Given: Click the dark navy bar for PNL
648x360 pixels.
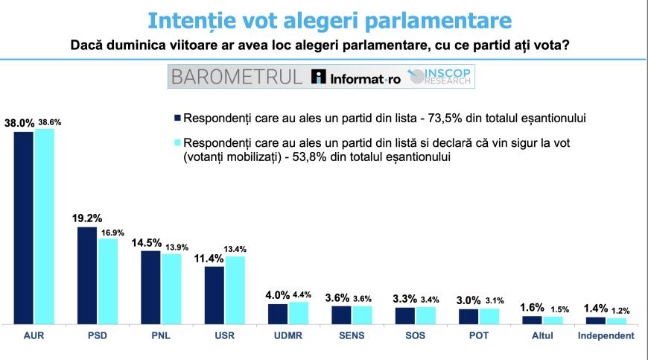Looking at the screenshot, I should click(x=151, y=287).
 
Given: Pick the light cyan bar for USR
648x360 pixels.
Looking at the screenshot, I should click(x=235, y=290).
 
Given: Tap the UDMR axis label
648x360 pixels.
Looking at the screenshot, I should click(x=288, y=335).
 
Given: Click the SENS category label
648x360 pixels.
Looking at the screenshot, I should click(x=352, y=335).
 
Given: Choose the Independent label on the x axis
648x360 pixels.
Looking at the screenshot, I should click(x=606, y=335).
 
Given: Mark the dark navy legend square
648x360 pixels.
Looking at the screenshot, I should click(x=177, y=118).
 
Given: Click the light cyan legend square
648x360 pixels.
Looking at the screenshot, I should click(x=177, y=142).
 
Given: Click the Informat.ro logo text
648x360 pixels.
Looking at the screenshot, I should click(x=356, y=78).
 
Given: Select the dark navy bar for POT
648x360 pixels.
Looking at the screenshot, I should click(x=468, y=316).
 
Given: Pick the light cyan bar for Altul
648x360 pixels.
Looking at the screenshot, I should click(x=553, y=320).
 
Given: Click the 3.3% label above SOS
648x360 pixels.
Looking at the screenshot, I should click(x=405, y=298).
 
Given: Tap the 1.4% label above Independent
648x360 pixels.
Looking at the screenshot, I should click(x=595, y=309).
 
